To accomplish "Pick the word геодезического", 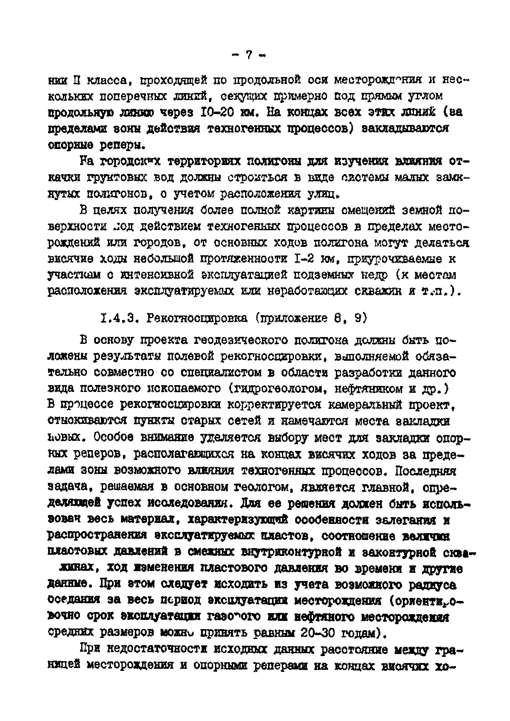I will pos(240,340).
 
